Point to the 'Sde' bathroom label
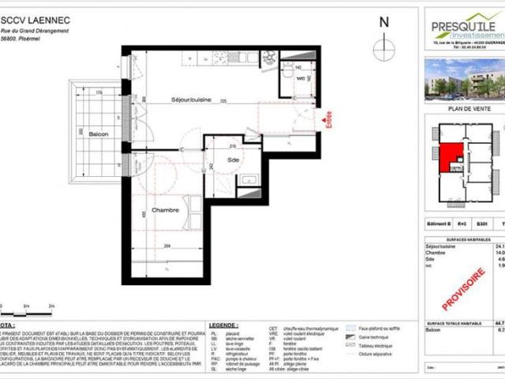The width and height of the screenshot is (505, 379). [x=234, y=159]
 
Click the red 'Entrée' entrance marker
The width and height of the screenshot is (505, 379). [x=328, y=121]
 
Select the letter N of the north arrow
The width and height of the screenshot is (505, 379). [x=383, y=24]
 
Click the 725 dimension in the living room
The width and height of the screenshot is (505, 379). [x=224, y=102]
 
